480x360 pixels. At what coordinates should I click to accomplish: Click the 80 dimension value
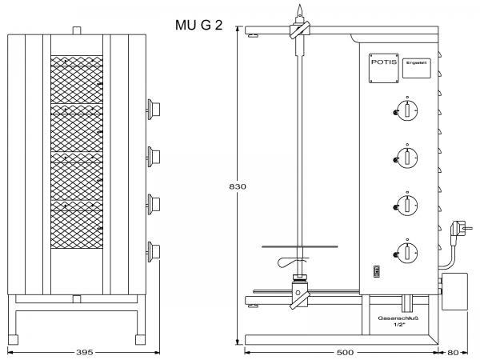point(454,351)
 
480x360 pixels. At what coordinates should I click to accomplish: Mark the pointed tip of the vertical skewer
point(299,10)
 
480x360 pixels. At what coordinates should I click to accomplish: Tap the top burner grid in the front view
point(78,80)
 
